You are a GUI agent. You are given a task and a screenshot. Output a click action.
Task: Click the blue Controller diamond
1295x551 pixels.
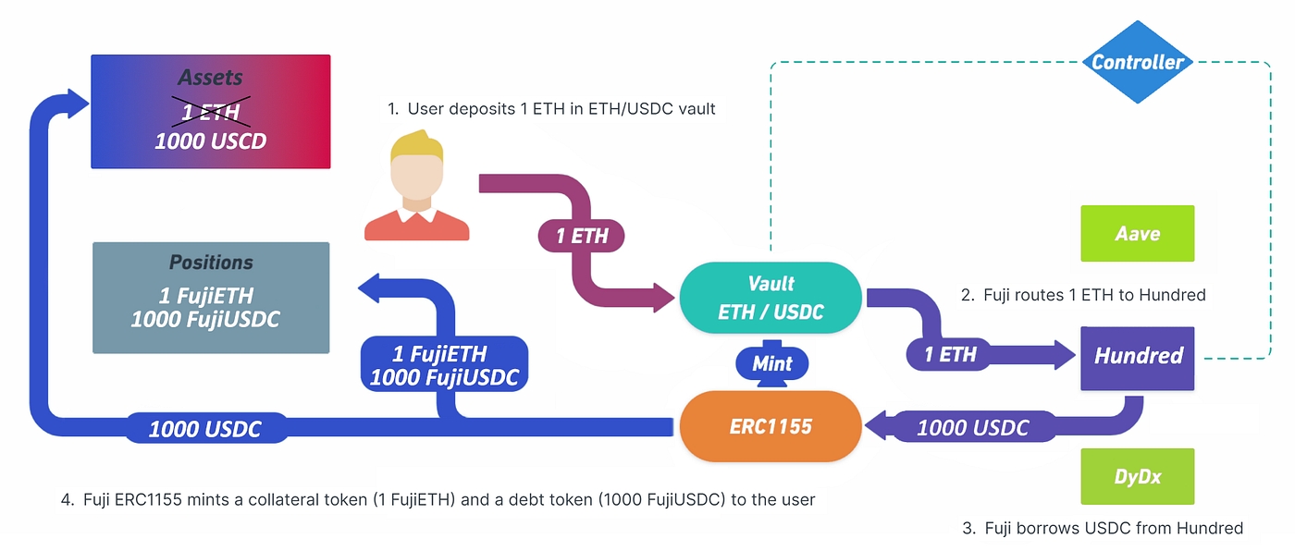click(x=1138, y=63)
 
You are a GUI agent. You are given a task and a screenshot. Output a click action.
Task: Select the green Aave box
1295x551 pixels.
click(x=1138, y=233)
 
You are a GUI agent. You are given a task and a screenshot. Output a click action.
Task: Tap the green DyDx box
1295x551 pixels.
click(x=1138, y=477)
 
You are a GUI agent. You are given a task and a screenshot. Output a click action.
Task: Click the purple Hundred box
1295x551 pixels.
click(x=1138, y=356)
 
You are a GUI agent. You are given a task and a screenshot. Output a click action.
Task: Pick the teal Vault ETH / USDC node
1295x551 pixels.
click(x=771, y=299)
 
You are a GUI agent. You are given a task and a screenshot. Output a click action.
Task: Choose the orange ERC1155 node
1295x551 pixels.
click(x=770, y=426)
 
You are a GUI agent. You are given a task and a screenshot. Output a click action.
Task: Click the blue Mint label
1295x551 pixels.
click(x=772, y=363)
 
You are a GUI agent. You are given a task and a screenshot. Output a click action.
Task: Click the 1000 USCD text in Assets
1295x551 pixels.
click(x=210, y=141)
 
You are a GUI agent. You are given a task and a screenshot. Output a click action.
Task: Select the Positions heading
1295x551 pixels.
click(x=211, y=263)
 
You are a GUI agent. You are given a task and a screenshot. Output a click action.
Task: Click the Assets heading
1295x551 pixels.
click(x=210, y=78)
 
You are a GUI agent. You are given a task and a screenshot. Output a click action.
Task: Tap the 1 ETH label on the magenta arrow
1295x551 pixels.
click(x=582, y=236)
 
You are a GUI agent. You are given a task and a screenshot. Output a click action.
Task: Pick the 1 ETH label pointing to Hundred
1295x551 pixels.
click(x=950, y=355)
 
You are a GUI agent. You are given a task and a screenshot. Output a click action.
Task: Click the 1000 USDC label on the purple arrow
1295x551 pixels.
click(x=972, y=428)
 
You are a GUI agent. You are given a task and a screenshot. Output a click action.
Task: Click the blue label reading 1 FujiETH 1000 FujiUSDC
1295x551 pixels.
click(x=444, y=365)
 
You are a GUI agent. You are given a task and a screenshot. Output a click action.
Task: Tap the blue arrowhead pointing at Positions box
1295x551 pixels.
click(x=373, y=288)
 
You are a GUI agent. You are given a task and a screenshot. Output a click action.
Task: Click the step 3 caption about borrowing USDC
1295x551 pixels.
click(x=1102, y=529)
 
